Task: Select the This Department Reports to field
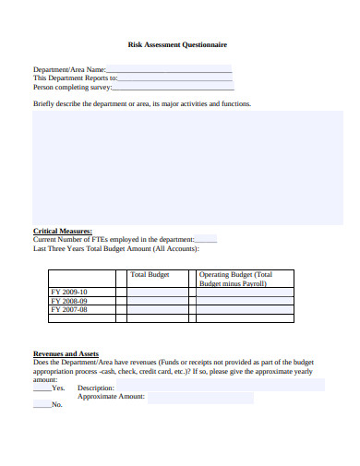click(174, 78)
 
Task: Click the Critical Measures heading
click(63, 231)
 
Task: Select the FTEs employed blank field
click(206, 239)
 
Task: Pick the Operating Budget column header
click(236, 279)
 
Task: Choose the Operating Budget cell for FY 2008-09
click(244, 301)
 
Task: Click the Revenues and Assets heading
click(66, 353)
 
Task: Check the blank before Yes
click(42, 388)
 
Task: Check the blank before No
click(42, 404)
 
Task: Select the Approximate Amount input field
click(199, 398)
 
